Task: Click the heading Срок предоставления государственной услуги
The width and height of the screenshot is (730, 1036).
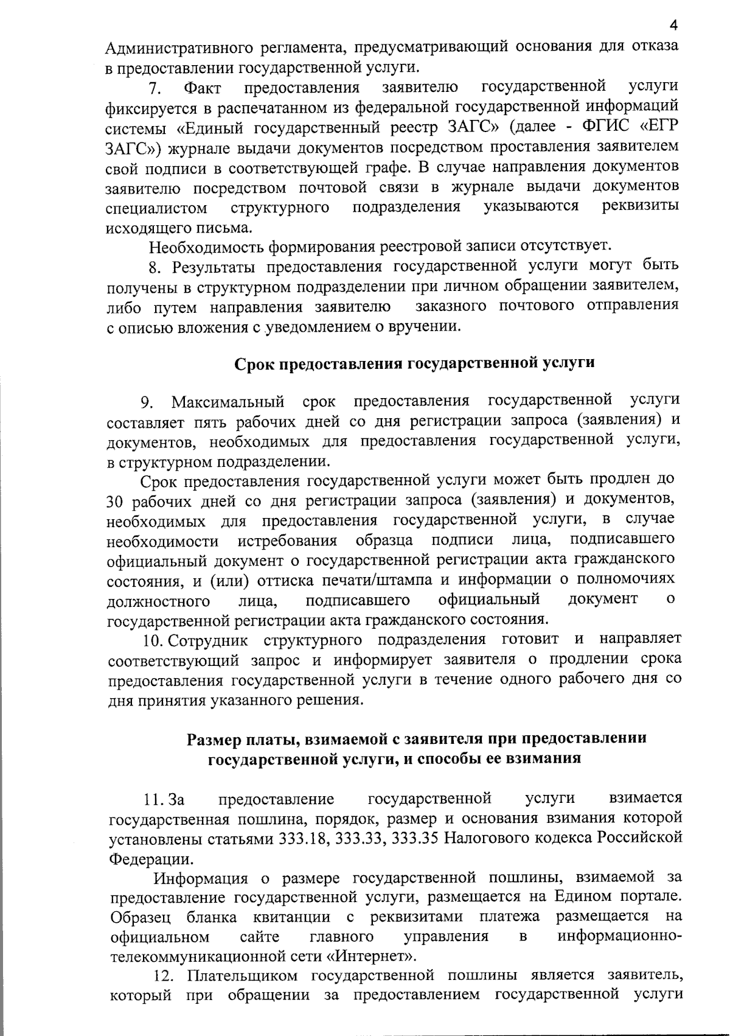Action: tap(414, 363)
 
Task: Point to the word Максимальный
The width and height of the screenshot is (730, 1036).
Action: tap(228, 402)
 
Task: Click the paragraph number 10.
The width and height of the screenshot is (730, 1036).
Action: tap(152, 640)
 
